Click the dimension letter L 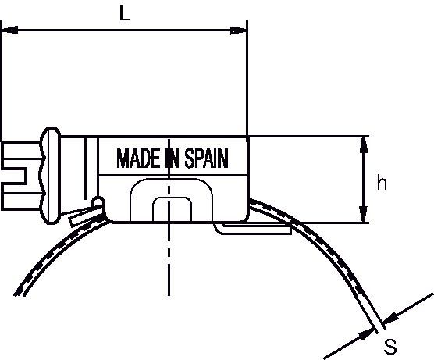tap(124, 13)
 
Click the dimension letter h tap(382, 183)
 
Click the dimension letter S tap(390, 347)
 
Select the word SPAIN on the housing tap(207, 158)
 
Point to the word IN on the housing tap(173, 158)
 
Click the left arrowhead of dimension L tap(10, 30)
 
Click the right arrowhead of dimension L tap(238, 30)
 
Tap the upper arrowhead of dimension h tap(364, 144)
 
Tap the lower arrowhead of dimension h tap(364, 214)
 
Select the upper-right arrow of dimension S tap(408, 309)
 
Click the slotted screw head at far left tap(21, 176)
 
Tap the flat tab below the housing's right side tap(253, 230)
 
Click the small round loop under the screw tap(98, 202)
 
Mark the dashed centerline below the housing tap(169, 259)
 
